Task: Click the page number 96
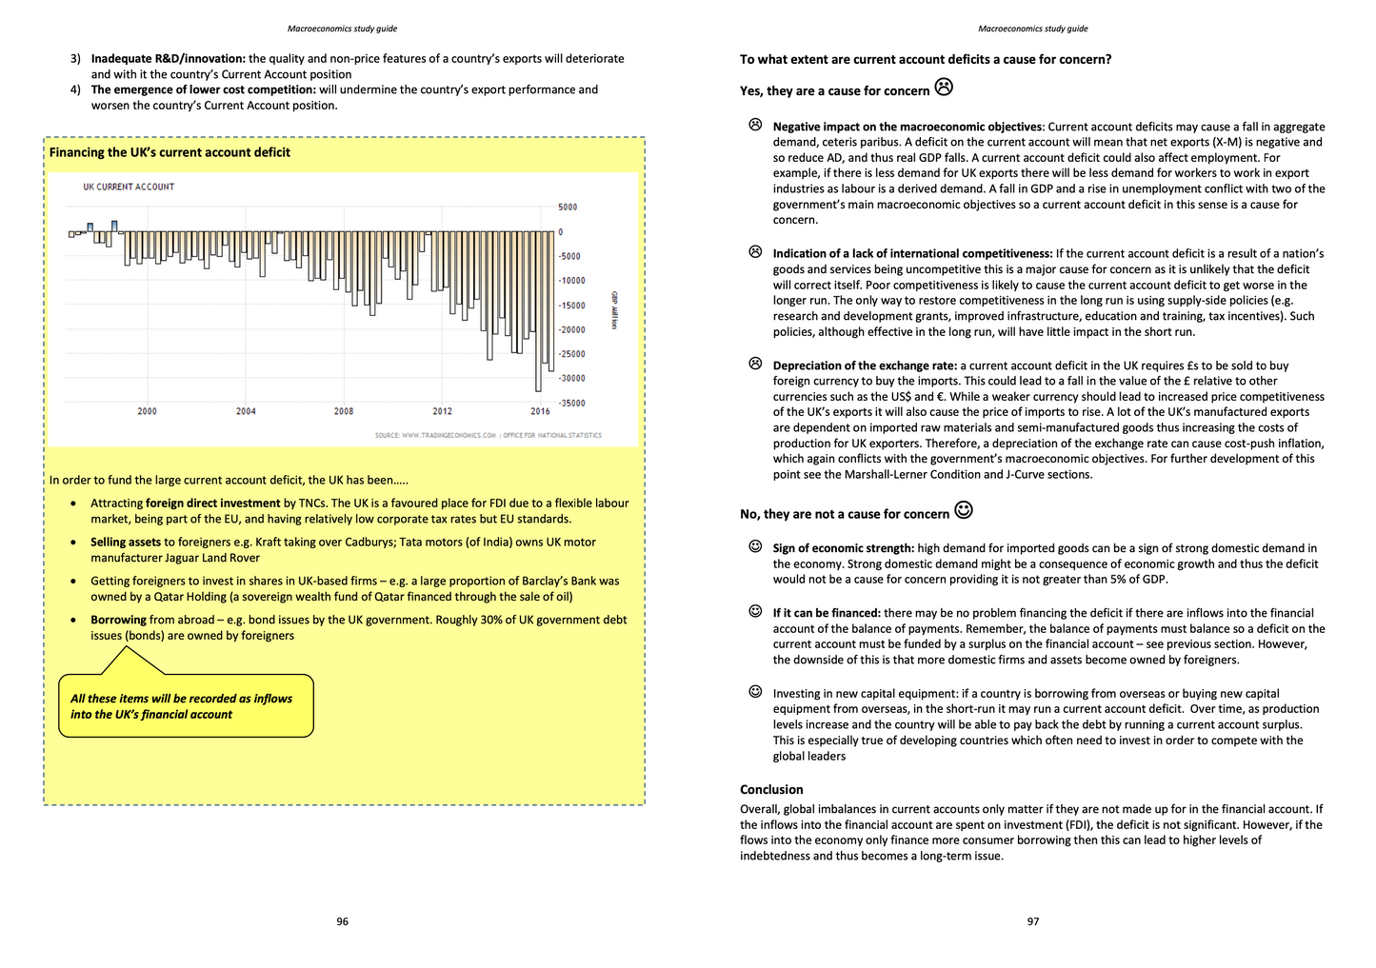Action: tap(343, 921)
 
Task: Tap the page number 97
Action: tap(1033, 921)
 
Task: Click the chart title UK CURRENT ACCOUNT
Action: tap(129, 187)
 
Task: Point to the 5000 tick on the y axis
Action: tap(568, 207)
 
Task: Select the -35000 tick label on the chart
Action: tap(571, 403)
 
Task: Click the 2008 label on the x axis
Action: tap(344, 411)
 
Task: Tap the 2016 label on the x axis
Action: tap(540, 411)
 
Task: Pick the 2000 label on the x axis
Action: tap(147, 411)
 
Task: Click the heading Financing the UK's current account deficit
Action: tap(170, 152)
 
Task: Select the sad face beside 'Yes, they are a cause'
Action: tap(944, 88)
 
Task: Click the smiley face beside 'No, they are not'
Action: tap(964, 510)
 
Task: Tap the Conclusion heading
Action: tap(771, 789)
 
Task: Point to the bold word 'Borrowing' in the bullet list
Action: tap(118, 620)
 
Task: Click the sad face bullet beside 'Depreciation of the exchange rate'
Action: tap(755, 364)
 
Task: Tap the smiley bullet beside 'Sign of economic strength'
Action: tap(755, 546)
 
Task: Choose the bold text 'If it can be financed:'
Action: tap(827, 613)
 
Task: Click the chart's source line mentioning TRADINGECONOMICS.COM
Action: tap(488, 435)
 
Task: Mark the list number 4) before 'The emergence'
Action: tap(75, 89)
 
